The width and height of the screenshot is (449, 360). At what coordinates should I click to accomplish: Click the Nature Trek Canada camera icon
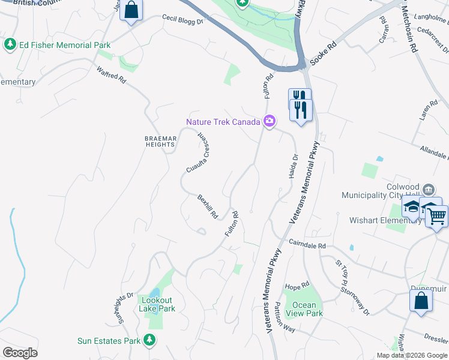point(270,122)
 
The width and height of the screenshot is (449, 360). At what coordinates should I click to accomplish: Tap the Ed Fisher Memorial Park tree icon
point(10,45)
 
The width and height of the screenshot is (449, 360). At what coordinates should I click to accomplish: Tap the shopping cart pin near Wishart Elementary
point(438,215)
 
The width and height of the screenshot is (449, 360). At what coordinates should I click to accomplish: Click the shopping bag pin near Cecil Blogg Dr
point(131,10)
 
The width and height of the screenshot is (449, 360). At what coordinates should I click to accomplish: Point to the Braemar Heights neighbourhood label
point(161,142)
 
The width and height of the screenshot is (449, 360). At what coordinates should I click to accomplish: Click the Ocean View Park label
point(304,309)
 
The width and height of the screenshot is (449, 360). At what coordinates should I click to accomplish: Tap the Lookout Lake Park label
point(157,304)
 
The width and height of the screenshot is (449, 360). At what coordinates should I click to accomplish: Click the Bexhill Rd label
point(208,206)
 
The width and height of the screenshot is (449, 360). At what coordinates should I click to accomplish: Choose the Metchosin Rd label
point(409,30)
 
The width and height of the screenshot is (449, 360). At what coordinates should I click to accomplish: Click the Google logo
point(20,353)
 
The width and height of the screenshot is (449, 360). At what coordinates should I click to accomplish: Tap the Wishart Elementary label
point(385,220)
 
